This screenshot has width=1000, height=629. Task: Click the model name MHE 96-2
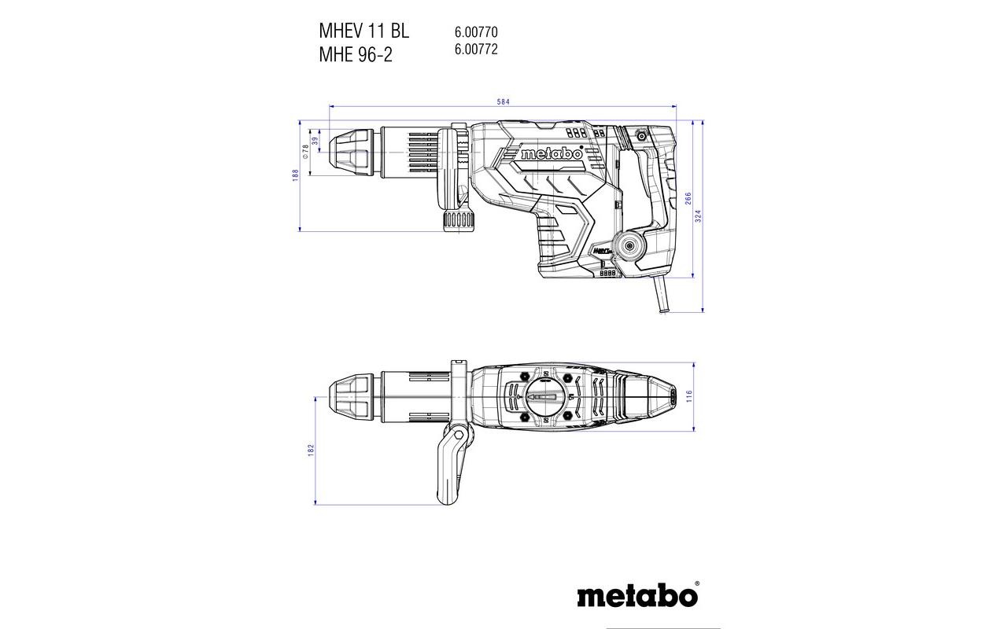tap(355, 56)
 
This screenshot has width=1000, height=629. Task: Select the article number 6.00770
tap(475, 33)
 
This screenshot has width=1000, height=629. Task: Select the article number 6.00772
tap(475, 49)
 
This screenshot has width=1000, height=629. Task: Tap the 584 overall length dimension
tap(504, 101)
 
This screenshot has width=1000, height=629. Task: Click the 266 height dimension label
tap(688, 198)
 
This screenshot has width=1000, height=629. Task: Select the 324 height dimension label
tap(698, 216)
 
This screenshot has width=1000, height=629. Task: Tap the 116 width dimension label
tap(688, 396)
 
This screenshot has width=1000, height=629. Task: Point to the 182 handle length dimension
tap(311, 450)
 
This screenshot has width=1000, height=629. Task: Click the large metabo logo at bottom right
tap(637, 595)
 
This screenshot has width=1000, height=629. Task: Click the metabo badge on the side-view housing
tap(552, 154)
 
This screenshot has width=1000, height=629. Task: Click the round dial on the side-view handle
tap(629, 247)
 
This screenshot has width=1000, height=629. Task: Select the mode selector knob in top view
tap(546, 396)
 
